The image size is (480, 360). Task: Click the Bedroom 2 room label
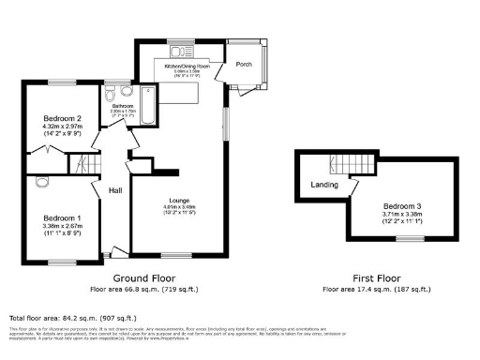tap(61, 118)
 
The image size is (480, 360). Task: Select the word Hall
tap(116, 190)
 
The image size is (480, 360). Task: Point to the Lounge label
tap(180, 201)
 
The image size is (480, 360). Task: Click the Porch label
tap(244, 65)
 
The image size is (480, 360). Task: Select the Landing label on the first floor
tap(324, 185)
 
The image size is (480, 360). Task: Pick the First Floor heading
tap(377, 278)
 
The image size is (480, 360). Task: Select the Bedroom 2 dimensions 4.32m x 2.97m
tap(61, 127)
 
